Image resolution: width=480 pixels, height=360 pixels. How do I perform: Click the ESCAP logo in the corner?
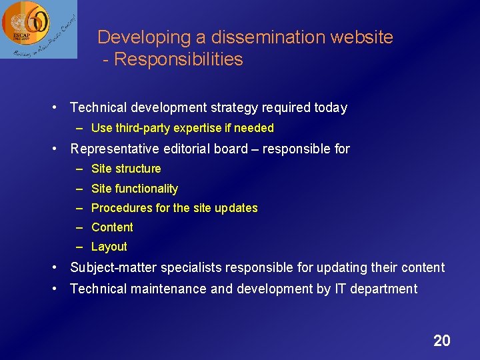tap(38, 29)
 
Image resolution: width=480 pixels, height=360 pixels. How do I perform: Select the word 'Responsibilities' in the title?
tap(179, 59)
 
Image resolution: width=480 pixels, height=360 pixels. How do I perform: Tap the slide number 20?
tap(441, 341)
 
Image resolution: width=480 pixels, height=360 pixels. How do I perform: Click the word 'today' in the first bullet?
tap(331, 107)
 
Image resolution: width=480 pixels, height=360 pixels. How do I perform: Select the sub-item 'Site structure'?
tap(126, 169)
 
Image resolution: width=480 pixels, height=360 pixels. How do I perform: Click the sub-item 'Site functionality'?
tap(134, 189)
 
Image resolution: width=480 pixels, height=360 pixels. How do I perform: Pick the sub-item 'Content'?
tap(112, 227)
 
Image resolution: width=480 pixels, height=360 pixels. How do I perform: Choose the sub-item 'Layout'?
tap(109, 247)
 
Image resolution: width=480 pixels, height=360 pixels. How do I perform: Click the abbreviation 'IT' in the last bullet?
tap(341, 289)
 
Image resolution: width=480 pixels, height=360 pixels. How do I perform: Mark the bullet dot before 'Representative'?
tap(57, 149)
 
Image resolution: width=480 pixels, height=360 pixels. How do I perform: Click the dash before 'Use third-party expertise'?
tap(79, 128)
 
